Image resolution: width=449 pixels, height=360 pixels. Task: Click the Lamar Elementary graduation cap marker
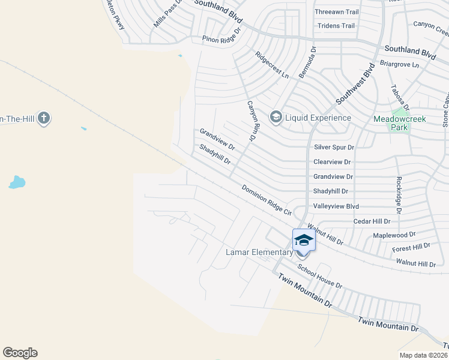(x=304, y=241)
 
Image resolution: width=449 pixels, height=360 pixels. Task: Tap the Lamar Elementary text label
(x=259, y=252)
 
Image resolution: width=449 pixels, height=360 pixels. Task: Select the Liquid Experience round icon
(x=276, y=117)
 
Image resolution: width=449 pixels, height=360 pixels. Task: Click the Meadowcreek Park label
(x=399, y=123)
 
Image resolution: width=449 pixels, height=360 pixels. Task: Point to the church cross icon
(x=43, y=118)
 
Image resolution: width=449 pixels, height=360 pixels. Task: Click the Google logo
(x=20, y=352)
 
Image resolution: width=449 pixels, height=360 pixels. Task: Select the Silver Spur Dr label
(x=334, y=147)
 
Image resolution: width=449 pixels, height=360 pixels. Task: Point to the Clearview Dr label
(x=332, y=162)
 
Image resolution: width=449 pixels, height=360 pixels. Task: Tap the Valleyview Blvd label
(x=336, y=206)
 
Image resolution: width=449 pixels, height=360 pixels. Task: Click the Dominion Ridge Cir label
(x=266, y=200)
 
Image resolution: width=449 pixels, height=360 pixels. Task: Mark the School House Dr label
(x=319, y=277)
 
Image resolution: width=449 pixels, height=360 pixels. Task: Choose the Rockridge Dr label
(x=398, y=195)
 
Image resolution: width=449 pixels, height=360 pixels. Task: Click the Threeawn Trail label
(x=337, y=11)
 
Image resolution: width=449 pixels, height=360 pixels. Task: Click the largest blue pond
(x=17, y=182)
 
